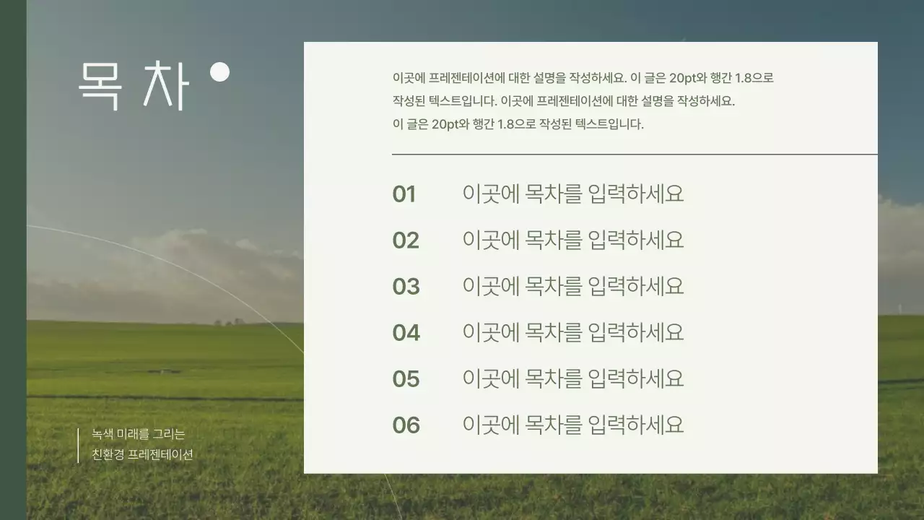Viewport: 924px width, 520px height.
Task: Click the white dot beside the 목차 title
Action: [219, 72]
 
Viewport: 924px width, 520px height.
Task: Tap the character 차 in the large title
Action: [165, 85]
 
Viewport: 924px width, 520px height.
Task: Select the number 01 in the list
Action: [404, 194]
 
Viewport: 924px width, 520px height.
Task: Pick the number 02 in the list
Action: [406, 240]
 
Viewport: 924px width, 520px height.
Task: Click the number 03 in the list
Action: [406, 287]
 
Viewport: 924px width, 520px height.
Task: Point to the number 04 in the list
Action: [406, 333]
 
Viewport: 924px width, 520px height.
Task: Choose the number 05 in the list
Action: [406, 379]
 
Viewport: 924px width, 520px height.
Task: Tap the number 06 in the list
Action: [406, 425]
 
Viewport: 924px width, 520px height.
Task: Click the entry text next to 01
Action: [572, 194]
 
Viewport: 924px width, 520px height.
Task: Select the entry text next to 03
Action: [572, 286]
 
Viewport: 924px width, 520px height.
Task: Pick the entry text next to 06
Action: [572, 425]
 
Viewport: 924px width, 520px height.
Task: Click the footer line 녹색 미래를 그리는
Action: [139, 434]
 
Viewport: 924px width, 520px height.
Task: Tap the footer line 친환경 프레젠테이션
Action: [142, 455]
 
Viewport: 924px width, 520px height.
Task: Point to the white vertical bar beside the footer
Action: [78, 445]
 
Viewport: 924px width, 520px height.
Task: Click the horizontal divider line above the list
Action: [635, 155]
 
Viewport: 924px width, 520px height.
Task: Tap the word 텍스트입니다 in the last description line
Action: [609, 124]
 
